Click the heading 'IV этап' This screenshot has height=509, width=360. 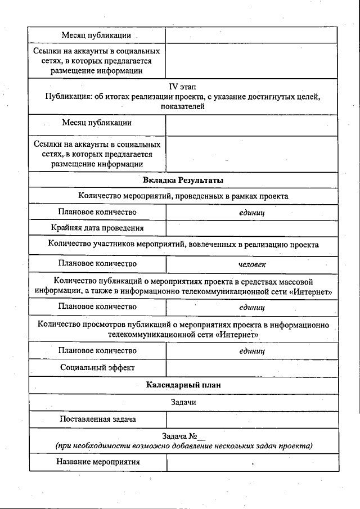pyautogui.click(x=183, y=87)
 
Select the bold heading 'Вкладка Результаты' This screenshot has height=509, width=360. pyautogui.click(x=183, y=181)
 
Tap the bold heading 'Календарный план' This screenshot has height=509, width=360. pyautogui.click(x=183, y=385)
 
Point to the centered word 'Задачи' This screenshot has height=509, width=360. pyautogui.click(x=183, y=403)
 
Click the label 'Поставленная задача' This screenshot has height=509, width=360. pyautogui.click(x=97, y=419)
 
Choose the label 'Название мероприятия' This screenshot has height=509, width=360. pyautogui.click(x=97, y=462)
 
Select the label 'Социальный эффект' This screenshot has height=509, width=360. pyautogui.click(x=97, y=367)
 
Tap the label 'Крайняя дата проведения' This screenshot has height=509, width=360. pyautogui.click(x=97, y=228)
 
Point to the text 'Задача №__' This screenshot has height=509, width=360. pyautogui.click(x=183, y=436)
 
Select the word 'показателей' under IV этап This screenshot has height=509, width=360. pyautogui.click(x=183, y=106)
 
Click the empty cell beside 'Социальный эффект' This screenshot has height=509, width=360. pyautogui.click(x=252, y=368)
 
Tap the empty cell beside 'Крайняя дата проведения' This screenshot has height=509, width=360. pyautogui.click(x=252, y=228)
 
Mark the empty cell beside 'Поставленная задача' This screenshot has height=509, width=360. pyautogui.click(x=252, y=419)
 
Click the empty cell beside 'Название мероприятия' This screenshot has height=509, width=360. pyautogui.click(x=252, y=462)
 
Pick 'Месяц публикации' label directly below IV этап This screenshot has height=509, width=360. pyautogui.click(x=97, y=122)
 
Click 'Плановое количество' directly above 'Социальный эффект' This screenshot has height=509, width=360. pyautogui.click(x=97, y=350)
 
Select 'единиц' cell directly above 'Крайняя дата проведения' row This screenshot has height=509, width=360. pyautogui.click(x=252, y=213)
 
